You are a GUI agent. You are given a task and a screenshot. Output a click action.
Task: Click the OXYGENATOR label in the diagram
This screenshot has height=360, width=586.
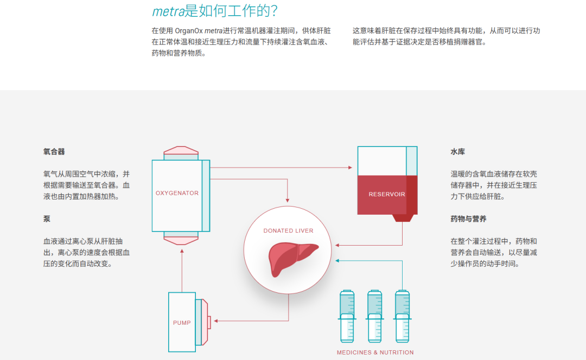click(177, 193)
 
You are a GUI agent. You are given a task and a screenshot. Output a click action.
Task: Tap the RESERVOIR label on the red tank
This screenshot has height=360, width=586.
click(386, 194)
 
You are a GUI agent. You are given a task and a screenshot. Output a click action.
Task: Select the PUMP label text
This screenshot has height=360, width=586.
click(182, 323)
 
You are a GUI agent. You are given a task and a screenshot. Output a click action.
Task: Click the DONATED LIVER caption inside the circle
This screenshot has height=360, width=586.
click(288, 230)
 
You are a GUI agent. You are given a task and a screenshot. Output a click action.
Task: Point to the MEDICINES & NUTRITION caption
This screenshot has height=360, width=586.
click(375, 352)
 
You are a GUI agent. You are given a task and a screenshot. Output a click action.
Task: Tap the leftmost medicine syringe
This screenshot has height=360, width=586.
click(347, 317)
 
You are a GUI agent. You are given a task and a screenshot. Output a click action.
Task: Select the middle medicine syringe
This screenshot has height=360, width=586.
click(375, 317)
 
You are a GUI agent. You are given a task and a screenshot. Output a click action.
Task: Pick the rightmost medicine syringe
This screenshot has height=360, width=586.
click(403, 317)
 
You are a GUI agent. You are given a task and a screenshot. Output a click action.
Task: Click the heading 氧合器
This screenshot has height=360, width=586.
click(54, 152)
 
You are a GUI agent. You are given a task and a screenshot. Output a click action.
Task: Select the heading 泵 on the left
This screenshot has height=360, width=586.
click(47, 219)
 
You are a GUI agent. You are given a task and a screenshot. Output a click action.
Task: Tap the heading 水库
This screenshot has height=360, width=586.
click(457, 152)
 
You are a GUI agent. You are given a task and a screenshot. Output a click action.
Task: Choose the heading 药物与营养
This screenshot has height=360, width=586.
click(468, 219)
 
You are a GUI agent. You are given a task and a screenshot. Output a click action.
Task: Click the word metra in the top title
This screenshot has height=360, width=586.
click(168, 11)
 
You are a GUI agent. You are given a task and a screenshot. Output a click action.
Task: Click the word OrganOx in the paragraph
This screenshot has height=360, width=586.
click(188, 31)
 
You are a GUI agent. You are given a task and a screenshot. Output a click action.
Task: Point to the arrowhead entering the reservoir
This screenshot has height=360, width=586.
click(350, 168)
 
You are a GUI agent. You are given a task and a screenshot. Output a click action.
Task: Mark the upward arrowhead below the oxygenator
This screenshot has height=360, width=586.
click(182, 252)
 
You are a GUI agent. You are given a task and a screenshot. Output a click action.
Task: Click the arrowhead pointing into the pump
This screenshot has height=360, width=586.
click(216, 321)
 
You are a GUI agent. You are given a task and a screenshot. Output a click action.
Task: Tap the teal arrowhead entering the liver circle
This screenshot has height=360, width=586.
click(337, 261)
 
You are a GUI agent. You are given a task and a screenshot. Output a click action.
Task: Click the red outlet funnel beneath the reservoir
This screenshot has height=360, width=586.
click(402, 217)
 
